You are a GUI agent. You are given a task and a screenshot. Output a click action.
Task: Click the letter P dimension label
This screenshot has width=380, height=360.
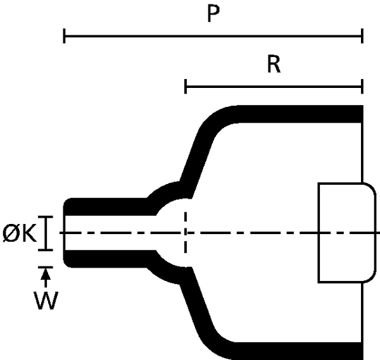click(x=213, y=13)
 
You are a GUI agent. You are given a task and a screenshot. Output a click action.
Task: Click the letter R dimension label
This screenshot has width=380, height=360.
click(x=274, y=64)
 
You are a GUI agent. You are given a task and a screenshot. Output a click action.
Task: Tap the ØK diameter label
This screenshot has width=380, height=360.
click(x=20, y=233)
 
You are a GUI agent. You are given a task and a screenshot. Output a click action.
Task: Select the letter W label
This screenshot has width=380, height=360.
click(x=46, y=301)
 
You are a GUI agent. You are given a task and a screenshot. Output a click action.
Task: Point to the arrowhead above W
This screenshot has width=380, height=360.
click(x=46, y=275)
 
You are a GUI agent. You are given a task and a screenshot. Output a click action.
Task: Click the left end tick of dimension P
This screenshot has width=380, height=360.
click(x=64, y=36)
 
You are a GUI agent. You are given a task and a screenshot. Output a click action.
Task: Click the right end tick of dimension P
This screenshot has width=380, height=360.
click(x=362, y=36)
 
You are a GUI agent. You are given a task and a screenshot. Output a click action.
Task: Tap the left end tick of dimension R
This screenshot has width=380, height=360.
click(x=186, y=86)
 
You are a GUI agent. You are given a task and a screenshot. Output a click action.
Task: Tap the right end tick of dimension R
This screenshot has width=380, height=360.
click(x=362, y=86)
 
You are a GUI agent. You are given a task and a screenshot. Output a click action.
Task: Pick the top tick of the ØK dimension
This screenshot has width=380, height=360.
click(x=46, y=217)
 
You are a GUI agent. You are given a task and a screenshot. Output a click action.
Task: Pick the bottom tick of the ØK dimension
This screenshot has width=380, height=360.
click(x=46, y=249)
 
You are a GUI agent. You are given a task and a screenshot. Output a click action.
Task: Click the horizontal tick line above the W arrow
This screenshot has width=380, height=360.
click(x=46, y=267)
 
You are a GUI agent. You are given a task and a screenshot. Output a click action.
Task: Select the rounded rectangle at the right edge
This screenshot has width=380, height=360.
click(x=347, y=233)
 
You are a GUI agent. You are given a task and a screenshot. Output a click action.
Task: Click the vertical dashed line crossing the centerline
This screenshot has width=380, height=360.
click(x=186, y=232)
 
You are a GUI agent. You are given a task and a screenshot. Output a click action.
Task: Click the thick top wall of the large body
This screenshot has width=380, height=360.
click(x=298, y=114)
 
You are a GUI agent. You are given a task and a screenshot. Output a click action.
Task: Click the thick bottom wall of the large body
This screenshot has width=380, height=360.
click(x=298, y=351)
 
